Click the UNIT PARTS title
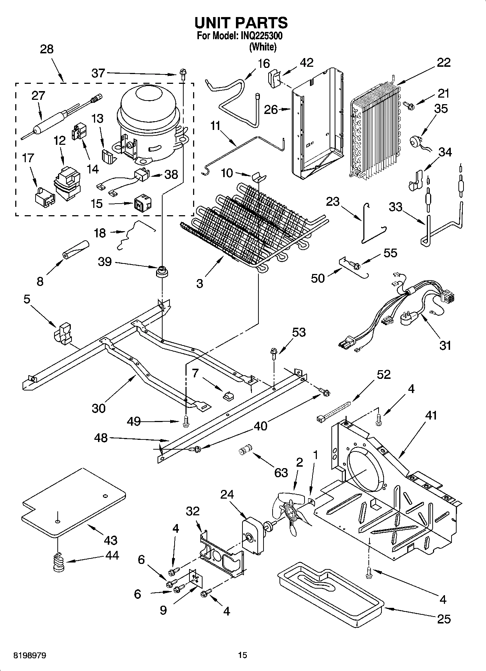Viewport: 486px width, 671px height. click(241, 22)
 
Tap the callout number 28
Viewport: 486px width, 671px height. click(47, 49)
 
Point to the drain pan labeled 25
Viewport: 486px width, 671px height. click(330, 597)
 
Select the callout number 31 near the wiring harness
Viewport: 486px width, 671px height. click(445, 345)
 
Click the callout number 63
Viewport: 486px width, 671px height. click(281, 472)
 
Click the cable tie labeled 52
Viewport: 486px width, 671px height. click(334, 411)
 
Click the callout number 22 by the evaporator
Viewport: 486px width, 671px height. click(444, 62)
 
